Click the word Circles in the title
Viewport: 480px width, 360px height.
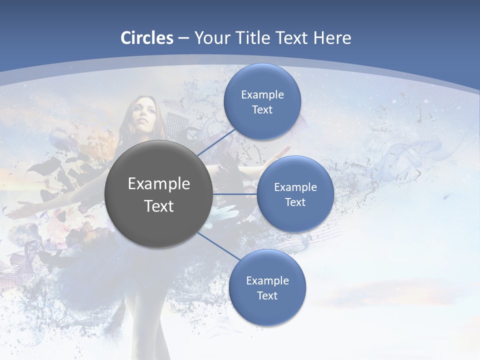point(147,38)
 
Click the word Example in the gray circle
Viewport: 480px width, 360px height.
point(159,184)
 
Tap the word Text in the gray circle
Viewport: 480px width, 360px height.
point(159,206)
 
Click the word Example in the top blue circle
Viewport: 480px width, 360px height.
point(262,95)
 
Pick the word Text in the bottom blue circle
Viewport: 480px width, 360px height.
point(267,296)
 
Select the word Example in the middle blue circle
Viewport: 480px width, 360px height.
point(295,187)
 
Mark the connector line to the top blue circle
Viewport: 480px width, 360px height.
point(216,142)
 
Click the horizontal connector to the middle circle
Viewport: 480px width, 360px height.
point(235,194)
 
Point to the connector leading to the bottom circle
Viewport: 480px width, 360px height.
point(218,246)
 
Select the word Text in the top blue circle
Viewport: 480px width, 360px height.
point(262,110)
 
